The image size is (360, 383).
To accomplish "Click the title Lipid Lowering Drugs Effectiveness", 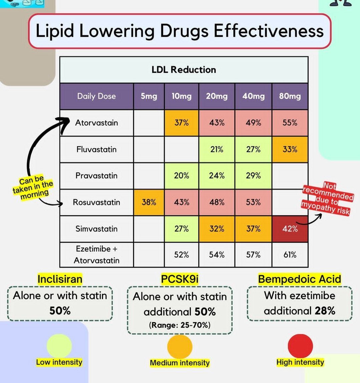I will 179,31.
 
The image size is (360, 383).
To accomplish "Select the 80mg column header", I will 290,96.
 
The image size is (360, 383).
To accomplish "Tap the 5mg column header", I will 149,96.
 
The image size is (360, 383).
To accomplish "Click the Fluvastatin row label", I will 96,149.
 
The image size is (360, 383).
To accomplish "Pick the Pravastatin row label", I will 96,176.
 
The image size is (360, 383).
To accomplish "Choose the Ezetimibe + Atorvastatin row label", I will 96,255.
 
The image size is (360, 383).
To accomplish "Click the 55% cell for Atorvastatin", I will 290,123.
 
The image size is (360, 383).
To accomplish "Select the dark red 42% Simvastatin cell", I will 290,229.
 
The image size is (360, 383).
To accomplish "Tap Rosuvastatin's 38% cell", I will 149,202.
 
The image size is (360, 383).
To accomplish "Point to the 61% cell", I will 290,255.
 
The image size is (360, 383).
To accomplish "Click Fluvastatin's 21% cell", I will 217,149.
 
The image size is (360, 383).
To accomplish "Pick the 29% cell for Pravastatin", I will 253,176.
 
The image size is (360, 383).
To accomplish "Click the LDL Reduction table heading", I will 184,70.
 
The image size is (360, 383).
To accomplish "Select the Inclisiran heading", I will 60,279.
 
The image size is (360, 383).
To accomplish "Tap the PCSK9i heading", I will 179,279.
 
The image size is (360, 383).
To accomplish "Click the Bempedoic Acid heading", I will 300,279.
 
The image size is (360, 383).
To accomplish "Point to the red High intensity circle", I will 300,346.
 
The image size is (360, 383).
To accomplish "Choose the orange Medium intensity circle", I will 180,347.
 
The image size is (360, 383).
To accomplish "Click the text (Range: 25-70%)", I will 179,325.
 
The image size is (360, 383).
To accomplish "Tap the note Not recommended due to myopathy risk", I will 327,199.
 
